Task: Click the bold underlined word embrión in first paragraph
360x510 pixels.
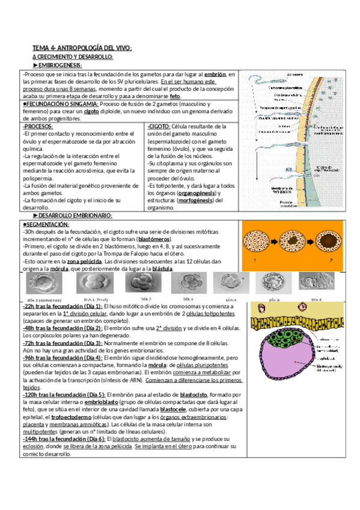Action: click(x=215, y=73)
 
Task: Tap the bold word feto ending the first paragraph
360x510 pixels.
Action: click(x=175, y=96)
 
